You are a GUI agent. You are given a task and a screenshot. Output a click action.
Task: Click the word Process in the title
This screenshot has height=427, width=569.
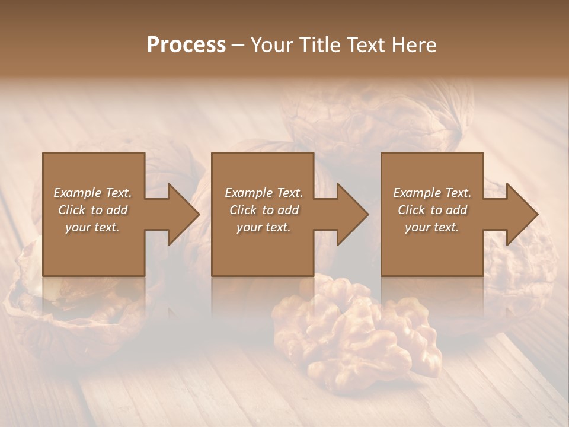tap(186, 45)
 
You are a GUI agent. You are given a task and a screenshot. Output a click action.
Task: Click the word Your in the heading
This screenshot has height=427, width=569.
tap(271, 45)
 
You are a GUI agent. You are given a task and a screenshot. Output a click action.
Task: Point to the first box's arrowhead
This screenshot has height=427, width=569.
tap(181, 214)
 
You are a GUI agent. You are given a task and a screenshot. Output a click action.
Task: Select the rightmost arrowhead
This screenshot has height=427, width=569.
tap(520, 214)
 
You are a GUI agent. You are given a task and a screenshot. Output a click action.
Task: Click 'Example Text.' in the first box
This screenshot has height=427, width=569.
tap(92, 193)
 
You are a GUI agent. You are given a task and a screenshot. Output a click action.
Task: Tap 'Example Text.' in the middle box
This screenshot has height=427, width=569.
tap(263, 193)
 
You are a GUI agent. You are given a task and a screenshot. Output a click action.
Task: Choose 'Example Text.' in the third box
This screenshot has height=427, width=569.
tap(432, 193)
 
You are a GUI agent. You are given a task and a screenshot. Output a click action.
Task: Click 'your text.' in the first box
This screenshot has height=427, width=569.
tap(92, 227)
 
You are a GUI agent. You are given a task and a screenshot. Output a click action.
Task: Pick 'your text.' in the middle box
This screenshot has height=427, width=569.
tap(263, 227)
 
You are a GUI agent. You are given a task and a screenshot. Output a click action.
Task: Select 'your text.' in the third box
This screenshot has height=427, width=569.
tap(432, 227)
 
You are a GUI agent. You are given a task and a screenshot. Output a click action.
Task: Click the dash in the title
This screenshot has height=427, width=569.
tap(238, 46)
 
